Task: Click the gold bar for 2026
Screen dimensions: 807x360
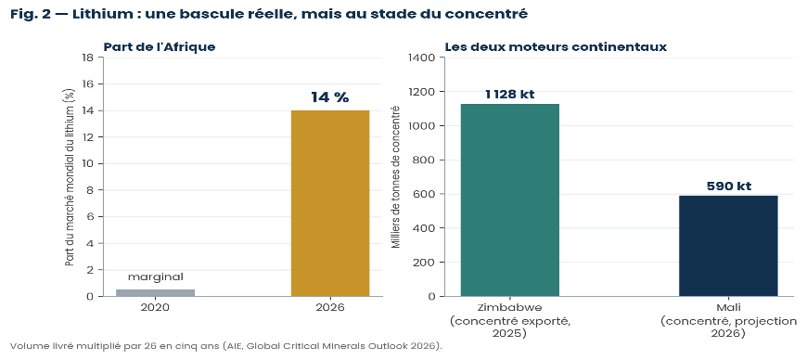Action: point(330,203)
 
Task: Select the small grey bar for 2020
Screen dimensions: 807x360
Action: point(156,292)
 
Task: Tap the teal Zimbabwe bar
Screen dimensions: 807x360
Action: point(510,199)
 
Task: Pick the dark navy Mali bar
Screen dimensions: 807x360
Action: point(728,246)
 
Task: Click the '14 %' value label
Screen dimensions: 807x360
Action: point(330,97)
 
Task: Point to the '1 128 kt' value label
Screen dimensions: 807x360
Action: point(509,95)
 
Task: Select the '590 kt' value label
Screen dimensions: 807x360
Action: point(728,186)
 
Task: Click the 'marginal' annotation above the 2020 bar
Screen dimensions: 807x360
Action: point(156,277)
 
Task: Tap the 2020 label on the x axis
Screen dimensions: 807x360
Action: point(156,308)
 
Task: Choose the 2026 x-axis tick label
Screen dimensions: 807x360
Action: point(330,308)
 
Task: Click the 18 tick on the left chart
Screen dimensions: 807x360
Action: point(87,58)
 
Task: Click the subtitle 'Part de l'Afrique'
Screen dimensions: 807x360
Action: point(160,47)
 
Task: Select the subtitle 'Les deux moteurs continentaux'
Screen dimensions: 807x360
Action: point(556,47)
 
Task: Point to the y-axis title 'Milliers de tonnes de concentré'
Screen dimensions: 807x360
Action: point(396,176)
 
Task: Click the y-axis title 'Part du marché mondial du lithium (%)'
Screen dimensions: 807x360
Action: point(70,176)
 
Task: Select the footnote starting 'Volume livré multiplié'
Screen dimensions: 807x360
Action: point(226,345)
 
